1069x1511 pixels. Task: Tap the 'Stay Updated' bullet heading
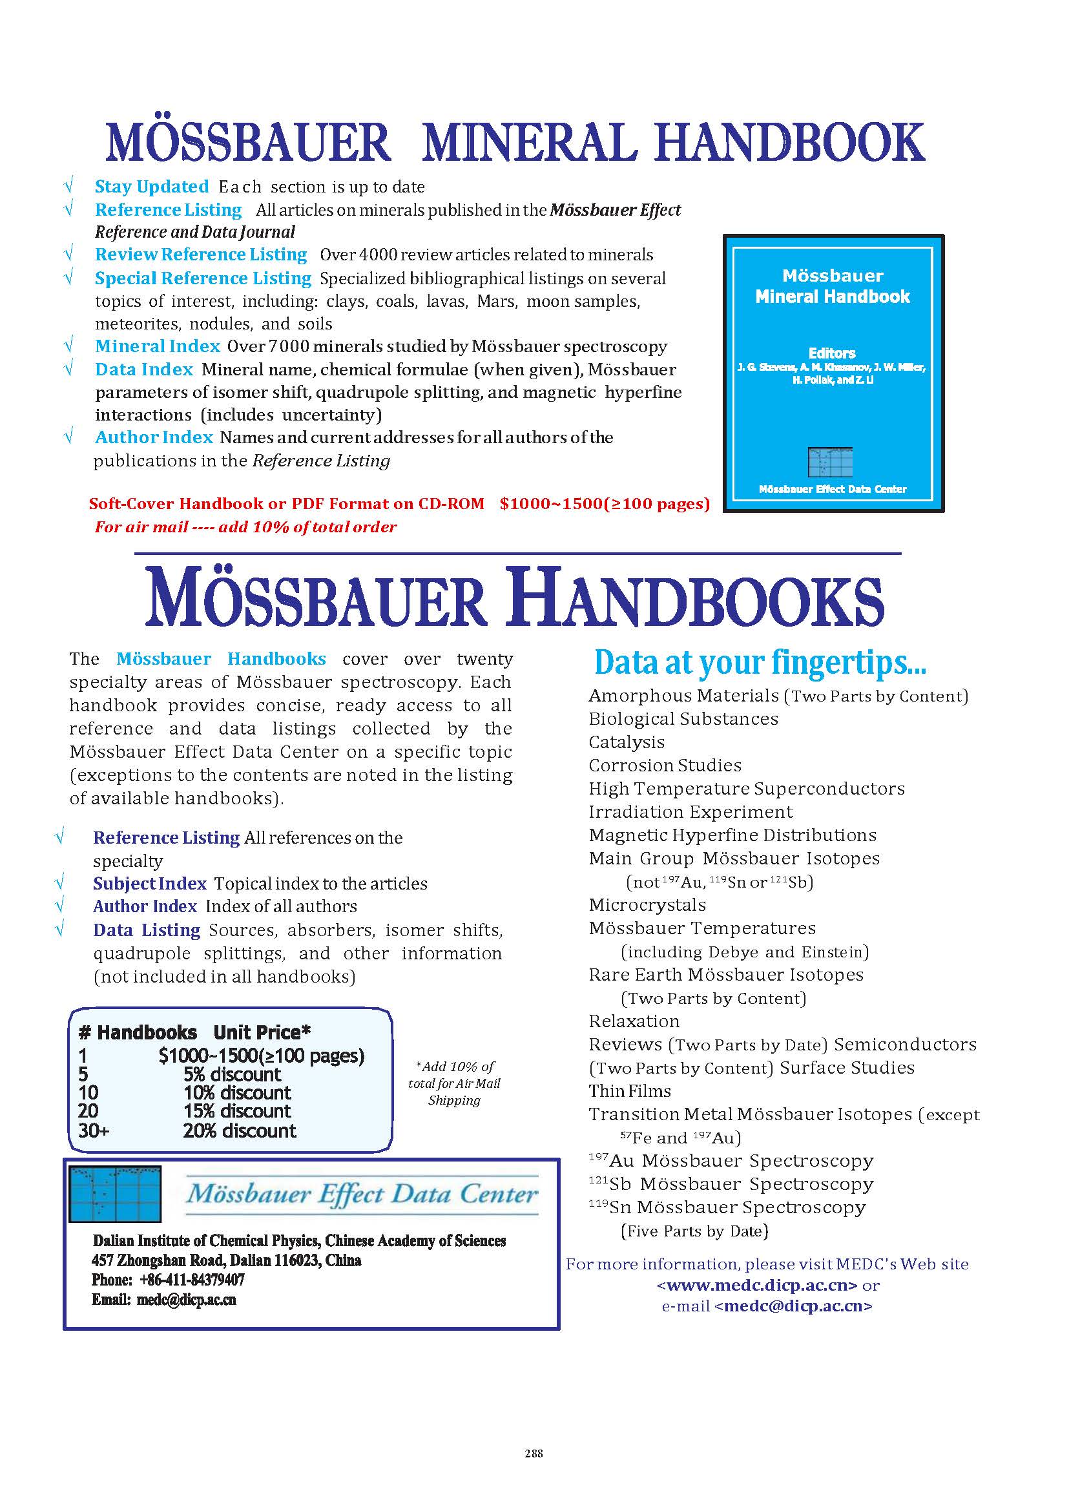[x=151, y=187]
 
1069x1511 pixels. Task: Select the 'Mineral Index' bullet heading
[x=158, y=346]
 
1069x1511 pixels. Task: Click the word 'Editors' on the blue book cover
[x=832, y=353]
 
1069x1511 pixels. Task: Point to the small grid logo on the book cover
[x=830, y=461]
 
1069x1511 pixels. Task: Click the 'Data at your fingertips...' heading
[x=760, y=662]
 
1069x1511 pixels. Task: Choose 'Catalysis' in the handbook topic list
[x=627, y=742]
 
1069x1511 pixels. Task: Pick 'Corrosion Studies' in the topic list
[x=665, y=765]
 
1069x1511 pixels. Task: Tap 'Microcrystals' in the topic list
[x=647, y=904]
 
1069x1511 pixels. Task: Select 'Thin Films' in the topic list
[x=630, y=1091]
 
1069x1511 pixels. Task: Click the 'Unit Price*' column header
[x=262, y=1032]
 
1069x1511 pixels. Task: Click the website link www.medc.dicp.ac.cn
[x=757, y=1284]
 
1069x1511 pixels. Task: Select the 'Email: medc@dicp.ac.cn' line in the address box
[x=164, y=1300]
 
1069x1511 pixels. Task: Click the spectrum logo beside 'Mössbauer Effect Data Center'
[x=115, y=1194]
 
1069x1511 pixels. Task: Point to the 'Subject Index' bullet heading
[x=149, y=884]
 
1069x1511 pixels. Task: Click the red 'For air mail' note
[x=245, y=526]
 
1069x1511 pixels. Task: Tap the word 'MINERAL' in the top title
[x=528, y=142]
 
